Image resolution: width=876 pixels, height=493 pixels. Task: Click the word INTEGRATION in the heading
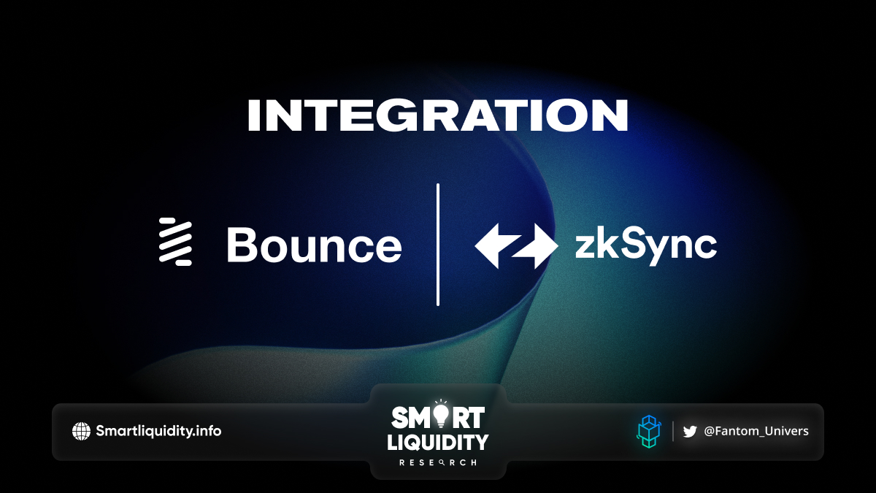(437, 115)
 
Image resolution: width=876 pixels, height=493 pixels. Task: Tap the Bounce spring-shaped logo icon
(175, 242)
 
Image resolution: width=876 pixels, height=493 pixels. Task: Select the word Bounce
(315, 245)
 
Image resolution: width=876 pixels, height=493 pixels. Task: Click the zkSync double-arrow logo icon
(516, 245)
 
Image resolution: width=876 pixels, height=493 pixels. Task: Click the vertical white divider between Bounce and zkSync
(438, 244)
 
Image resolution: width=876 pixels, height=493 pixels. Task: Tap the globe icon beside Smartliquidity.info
(81, 431)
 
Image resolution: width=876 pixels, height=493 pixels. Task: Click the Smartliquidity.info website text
(158, 431)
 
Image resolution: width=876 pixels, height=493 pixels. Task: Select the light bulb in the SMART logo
(441, 415)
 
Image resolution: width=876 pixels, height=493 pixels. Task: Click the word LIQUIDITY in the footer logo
(438, 443)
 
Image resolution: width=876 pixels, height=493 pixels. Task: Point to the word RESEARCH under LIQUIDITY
(438, 463)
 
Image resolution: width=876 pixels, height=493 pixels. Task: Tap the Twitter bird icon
(690, 432)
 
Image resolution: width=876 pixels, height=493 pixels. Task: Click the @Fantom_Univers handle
(756, 431)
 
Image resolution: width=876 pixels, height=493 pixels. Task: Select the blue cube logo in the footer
(649, 432)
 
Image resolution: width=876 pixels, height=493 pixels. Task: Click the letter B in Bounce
(241, 245)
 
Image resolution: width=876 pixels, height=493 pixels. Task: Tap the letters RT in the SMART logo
(467, 417)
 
